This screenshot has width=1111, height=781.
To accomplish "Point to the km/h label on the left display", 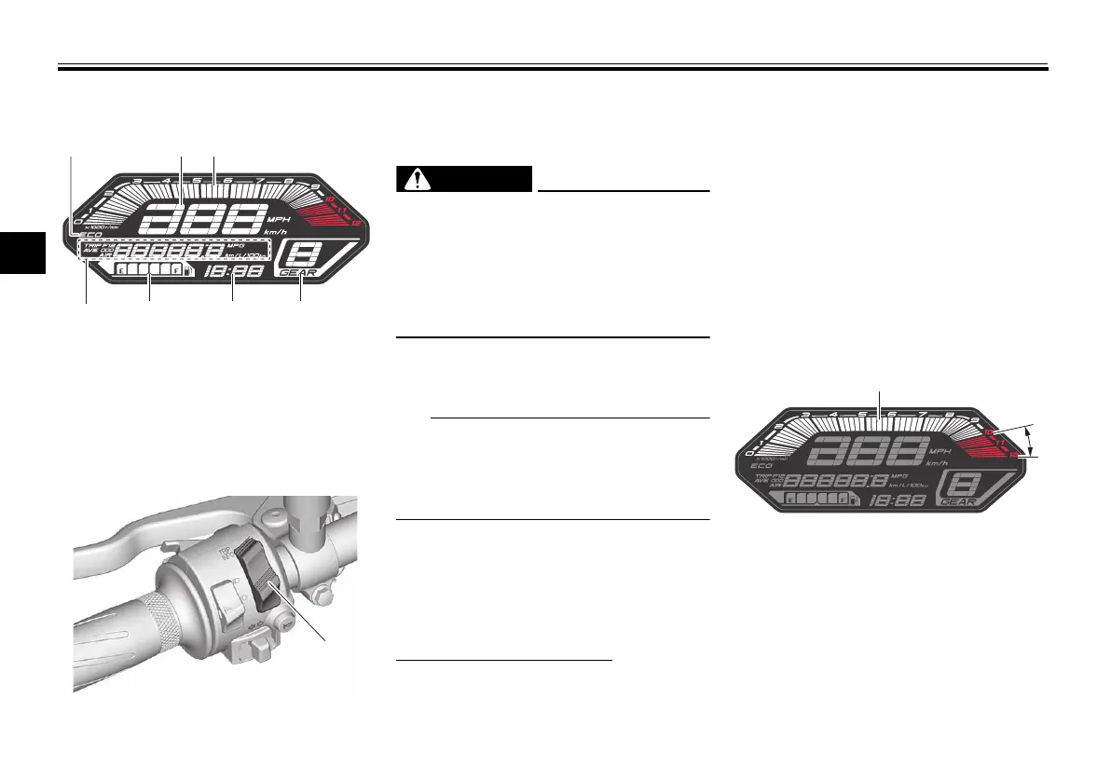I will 277,232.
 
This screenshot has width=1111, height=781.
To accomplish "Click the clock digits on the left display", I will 232,270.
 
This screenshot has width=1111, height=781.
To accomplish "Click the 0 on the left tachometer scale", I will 77,220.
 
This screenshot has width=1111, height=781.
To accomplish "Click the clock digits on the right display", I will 898,500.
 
